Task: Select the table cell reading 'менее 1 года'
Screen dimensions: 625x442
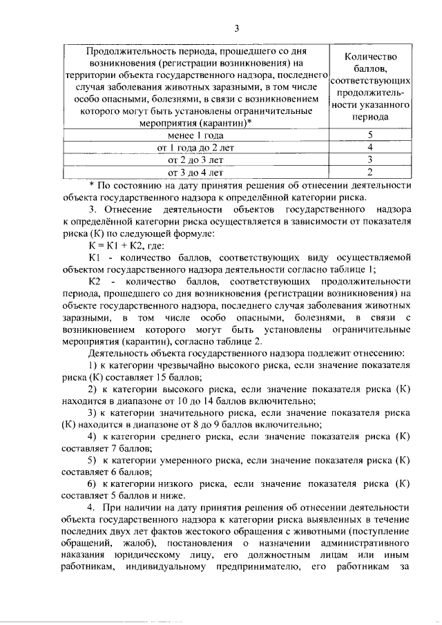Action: pyautogui.click(x=195, y=135)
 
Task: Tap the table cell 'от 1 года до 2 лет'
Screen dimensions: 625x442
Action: pyautogui.click(x=195, y=148)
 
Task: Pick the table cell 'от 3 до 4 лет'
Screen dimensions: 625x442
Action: pyautogui.click(x=195, y=172)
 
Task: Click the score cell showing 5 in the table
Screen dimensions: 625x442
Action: pyautogui.click(x=370, y=135)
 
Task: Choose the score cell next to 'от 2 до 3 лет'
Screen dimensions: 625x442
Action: pyautogui.click(x=370, y=160)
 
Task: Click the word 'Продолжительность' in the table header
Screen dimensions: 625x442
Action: pyautogui.click(x=127, y=51)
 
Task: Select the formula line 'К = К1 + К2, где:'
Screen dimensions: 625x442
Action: pyautogui.click(x=127, y=246)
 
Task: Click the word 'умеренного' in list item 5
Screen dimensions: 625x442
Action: pyautogui.click(x=189, y=459)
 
